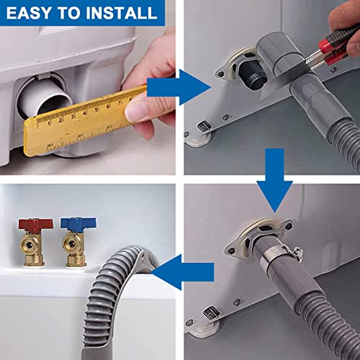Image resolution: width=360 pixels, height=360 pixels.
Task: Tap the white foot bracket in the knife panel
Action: click(205, 132)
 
